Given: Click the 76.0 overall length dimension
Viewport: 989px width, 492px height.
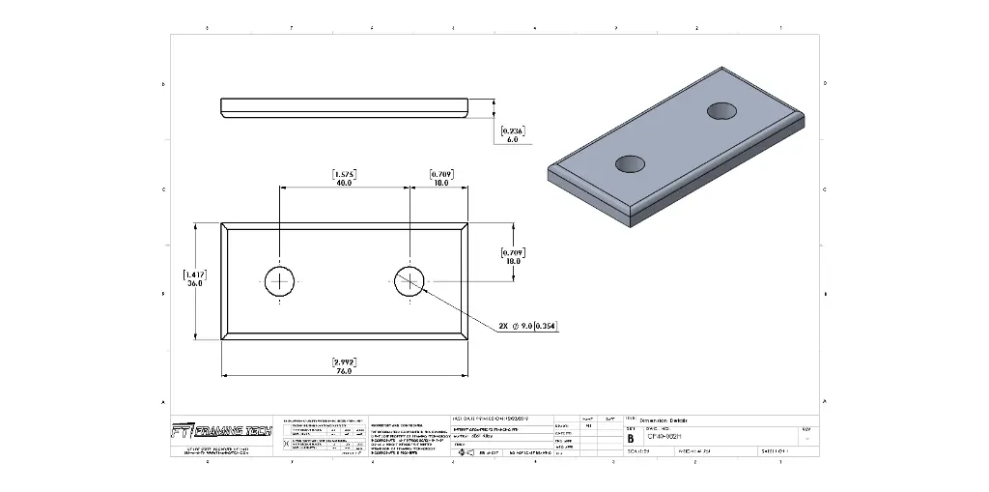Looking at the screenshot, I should (x=344, y=371).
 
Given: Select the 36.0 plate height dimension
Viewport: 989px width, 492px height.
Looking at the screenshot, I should (x=194, y=284).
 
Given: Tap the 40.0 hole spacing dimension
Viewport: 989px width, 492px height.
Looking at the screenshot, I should (x=344, y=182).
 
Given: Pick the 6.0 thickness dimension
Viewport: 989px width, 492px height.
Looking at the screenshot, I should (x=512, y=139).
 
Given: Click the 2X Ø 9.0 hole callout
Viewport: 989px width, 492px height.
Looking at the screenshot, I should (x=528, y=326).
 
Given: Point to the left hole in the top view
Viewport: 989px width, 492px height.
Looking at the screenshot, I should (x=280, y=282).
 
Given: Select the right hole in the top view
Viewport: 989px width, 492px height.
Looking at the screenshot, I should (x=408, y=282).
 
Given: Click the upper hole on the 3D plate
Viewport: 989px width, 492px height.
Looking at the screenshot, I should (x=722, y=110).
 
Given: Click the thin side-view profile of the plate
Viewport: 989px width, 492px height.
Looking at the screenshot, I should (x=344, y=106).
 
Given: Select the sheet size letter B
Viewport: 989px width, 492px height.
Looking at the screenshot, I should (x=632, y=437).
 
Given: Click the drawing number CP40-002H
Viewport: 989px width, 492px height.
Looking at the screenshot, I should (x=667, y=437).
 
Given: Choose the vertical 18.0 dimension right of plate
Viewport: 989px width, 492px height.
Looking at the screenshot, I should (x=512, y=261).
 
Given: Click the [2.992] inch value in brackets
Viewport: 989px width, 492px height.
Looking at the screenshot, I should (x=344, y=362).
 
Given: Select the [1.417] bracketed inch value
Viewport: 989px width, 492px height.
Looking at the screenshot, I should (x=194, y=275).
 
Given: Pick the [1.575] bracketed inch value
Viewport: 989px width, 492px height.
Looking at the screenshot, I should (x=344, y=173).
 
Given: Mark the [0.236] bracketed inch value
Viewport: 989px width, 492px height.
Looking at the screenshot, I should (x=513, y=130).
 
